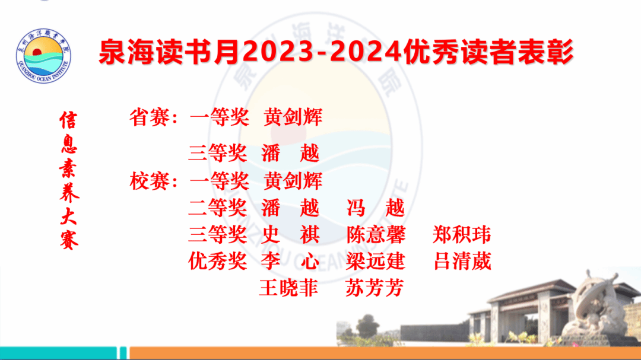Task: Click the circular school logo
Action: (x=43, y=56)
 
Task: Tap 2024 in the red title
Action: (x=366, y=53)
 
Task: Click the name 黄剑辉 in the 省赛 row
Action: (x=293, y=117)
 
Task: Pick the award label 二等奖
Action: (x=218, y=208)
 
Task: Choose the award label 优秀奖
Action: (x=218, y=261)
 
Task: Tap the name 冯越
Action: (x=376, y=208)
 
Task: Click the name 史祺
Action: (x=290, y=235)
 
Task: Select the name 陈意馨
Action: (x=376, y=235)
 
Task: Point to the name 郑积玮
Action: (x=462, y=235)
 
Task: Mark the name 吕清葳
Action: (x=462, y=261)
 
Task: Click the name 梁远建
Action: (x=376, y=261)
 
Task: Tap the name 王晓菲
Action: (x=288, y=288)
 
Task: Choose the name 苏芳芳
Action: (x=375, y=288)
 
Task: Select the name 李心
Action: (x=290, y=261)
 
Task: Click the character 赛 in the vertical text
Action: (x=69, y=240)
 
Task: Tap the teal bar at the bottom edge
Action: (x=58, y=353)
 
